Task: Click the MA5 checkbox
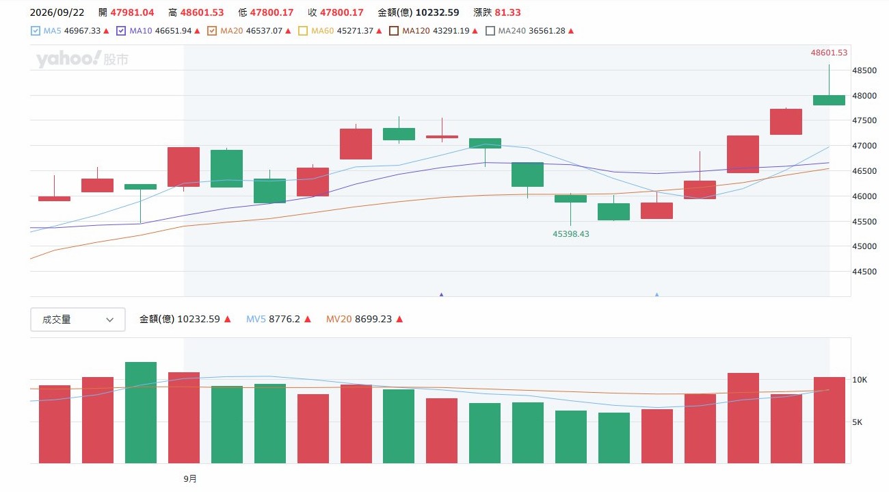click(36, 31)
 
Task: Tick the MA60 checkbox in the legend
click(303, 31)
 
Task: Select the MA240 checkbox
click(490, 31)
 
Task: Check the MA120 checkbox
click(394, 31)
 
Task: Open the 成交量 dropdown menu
click(78, 320)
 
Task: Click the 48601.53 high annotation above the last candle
click(829, 53)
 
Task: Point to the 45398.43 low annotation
click(571, 234)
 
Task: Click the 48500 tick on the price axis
click(864, 70)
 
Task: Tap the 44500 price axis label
click(864, 272)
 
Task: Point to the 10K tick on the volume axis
click(860, 380)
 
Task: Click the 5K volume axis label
click(858, 422)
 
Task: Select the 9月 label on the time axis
click(190, 478)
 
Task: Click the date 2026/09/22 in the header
click(57, 13)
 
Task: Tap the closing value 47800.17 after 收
click(342, 13)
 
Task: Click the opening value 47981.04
click(132, 13)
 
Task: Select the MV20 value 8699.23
click(373, 319)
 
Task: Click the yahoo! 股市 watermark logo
click(82, 59)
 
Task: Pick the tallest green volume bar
click(140, 413)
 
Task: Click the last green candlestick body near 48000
click(829, 100)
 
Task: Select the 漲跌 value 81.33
click(507, 13)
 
